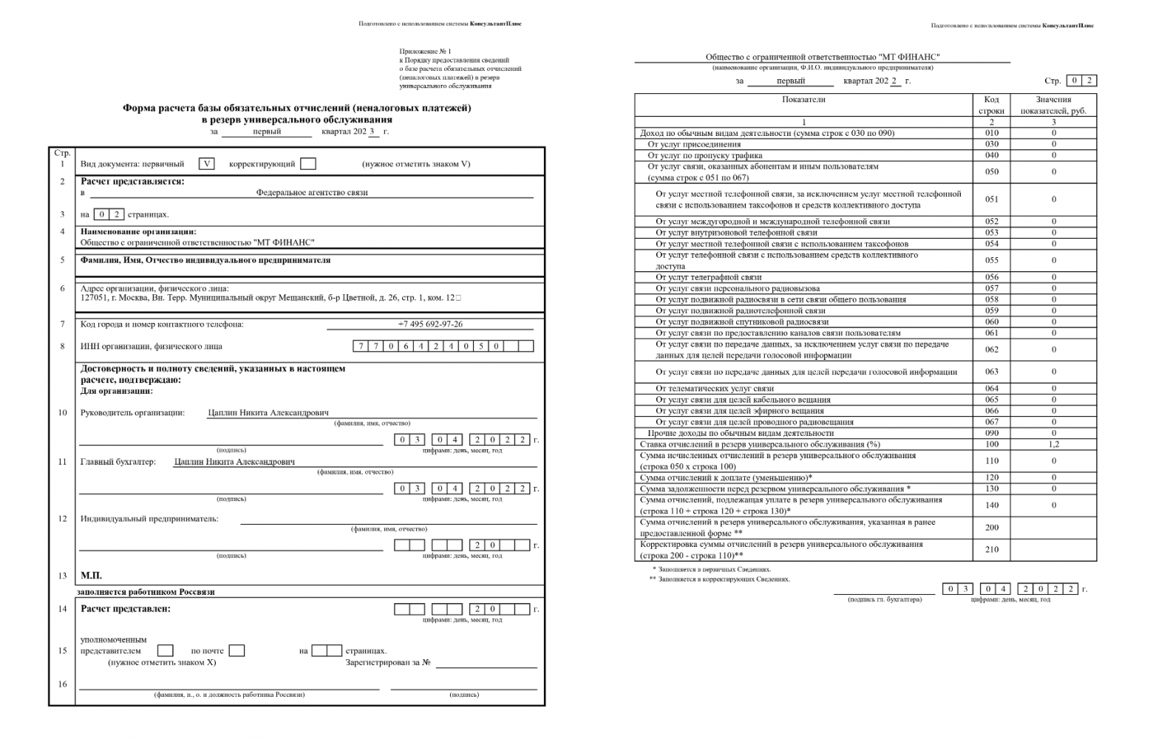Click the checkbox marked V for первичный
click(207, 164)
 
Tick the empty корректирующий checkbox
click(308, 164)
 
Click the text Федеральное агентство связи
click(312, 192)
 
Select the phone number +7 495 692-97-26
click(430, 324)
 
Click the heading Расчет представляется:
click(132, 181)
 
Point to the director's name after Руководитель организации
click(268, 413)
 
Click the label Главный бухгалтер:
click(118, 462)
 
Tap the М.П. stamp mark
click(91, 576)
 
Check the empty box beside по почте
click(237, 650)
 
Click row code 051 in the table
click(991, 200)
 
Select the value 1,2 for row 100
click(1053, 444)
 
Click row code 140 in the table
click(991, 505)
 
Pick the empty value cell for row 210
click(1053, 550)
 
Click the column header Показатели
click(803, 99)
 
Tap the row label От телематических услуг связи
click(715, 389)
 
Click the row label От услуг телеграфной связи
click(709, 277)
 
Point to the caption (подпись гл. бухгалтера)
click(885, 599)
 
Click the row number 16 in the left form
click(62, 684)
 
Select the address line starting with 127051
click(271, 298)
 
